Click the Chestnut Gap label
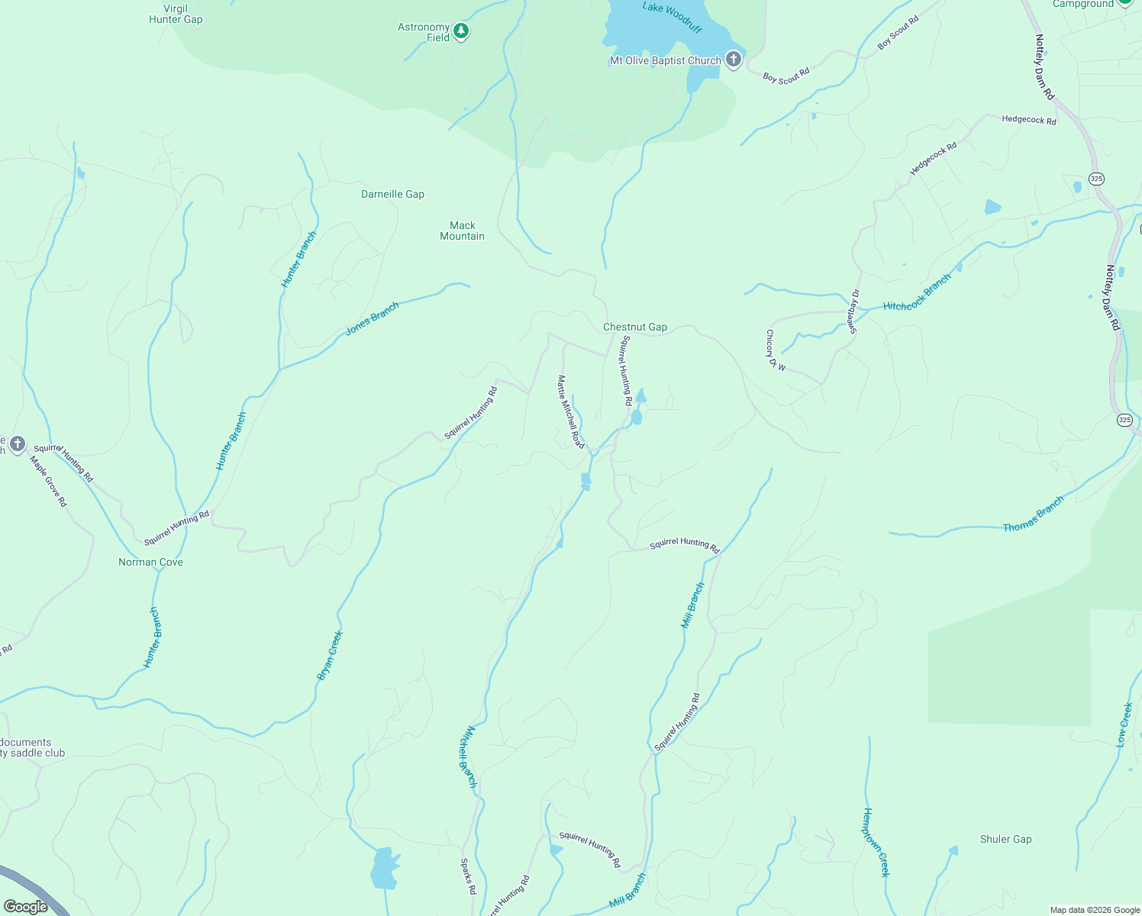click(x=634, y=327)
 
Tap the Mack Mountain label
click(x=462, y=231)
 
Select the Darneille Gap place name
click(x=392, y=194)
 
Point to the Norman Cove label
click(x=150, y=562)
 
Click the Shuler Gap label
click(x=1005, y=839)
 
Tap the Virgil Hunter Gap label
click(x=176, y=14)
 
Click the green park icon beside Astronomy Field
click(x=460, y=31)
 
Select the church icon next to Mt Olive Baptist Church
click(x=733, y=60)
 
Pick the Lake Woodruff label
click(x=671, y=18)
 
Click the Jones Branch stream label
click(x=373, y=319)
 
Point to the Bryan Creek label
click(x=330, y=655)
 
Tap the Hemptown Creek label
click(x=876, y=842)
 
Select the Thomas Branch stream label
click(x=1033, y=514)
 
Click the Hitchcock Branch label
click(x=917, y=292)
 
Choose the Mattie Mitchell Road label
click(x=570, y=411)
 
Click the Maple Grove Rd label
click(x=48, y=481)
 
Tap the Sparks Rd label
click(x=468, y=876)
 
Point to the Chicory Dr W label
click(x=775, y=350)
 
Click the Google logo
click(x=26, y=906)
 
